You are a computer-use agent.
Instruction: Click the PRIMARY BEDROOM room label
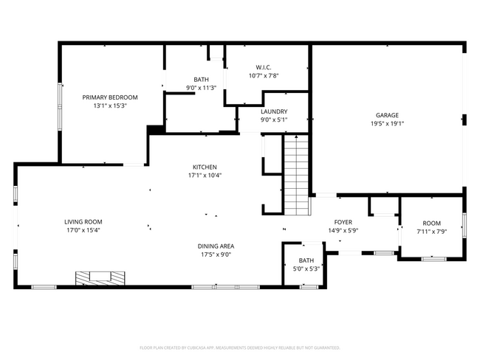click(110, 97)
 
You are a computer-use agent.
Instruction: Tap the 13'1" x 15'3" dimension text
click(110, 105)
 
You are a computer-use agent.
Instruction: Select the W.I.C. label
click(264, 66)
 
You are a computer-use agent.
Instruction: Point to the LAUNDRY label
click(274, 111)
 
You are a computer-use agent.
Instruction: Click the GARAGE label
click(387, 115)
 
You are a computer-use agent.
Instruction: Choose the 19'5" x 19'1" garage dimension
click(387, 123)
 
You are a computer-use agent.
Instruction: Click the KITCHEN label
click(205, 167)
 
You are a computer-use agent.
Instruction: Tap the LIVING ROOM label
click(83, 221)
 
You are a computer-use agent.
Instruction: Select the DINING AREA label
click(216, 246)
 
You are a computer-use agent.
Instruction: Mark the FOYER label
click(343, 221)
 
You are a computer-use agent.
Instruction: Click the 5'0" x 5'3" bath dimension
click(306, 269)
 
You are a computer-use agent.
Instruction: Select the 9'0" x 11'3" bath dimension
click(201, 88)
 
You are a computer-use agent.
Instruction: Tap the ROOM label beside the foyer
click(431, 223)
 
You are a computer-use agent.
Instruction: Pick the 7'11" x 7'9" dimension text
click(431, 231)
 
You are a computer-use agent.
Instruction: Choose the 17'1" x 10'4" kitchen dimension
click(205, 175)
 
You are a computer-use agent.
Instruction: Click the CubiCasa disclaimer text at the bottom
click(239, 347)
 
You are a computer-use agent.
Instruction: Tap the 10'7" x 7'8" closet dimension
click(264, 75)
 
